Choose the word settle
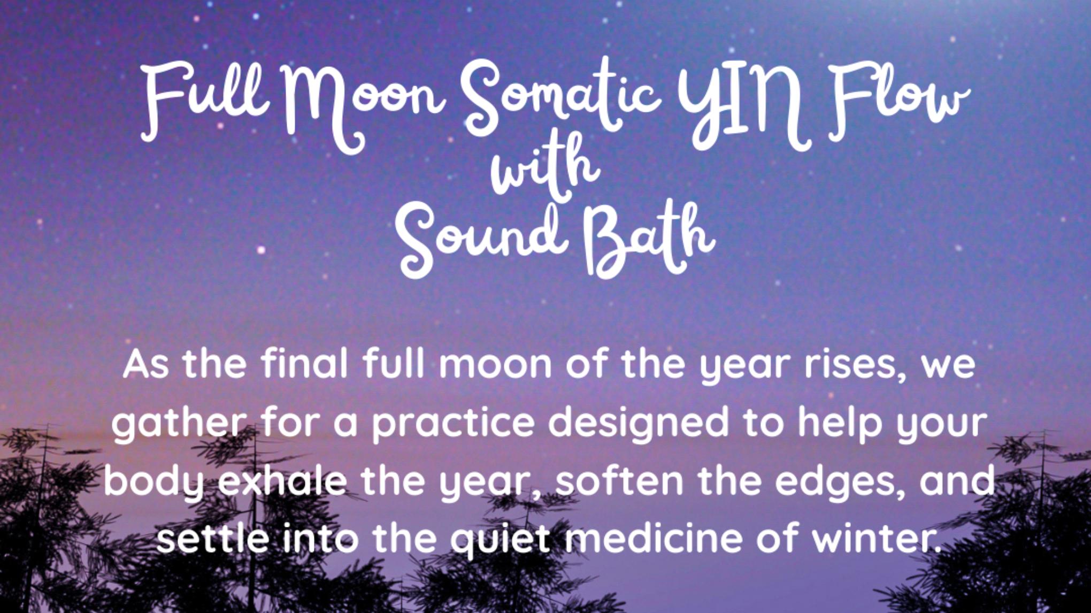click(213, 538)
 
